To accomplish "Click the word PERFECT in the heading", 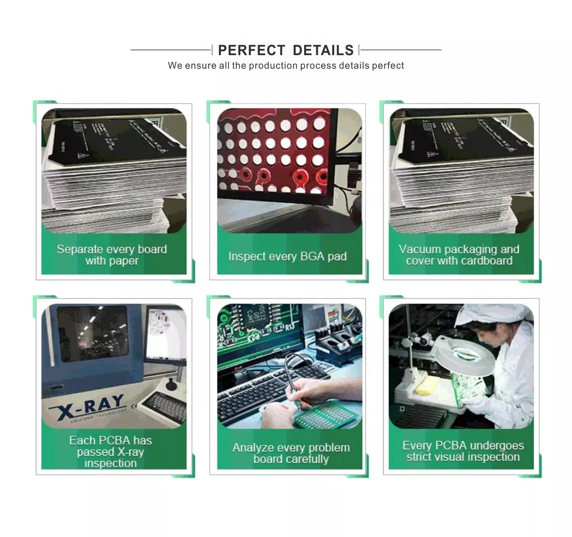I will [x=251, y=50].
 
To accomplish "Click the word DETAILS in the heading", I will [x=323, y=50].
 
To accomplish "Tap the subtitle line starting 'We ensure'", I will [x=286, y=66].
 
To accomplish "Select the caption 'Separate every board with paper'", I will [x=112, y=255].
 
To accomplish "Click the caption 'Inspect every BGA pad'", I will [x=287, y=256].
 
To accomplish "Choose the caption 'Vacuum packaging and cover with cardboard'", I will [x=459, y=255].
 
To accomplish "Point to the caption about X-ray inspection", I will [x=110, y=451].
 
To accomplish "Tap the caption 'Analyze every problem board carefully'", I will [x=291, y=453].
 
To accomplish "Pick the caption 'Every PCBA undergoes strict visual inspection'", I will [x=463, y=451].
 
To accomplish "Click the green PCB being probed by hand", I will [x=320, y=414].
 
